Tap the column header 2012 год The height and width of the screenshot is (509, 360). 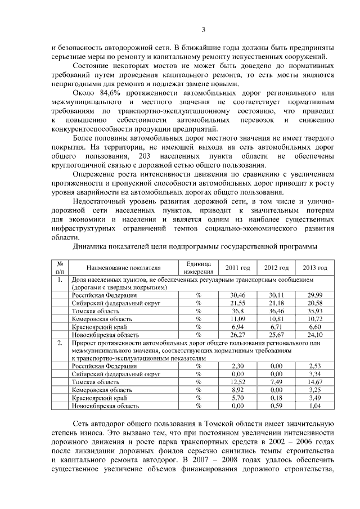pyautogui.click(x=276, y=267)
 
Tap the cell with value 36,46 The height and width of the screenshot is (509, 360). pyautogui.click(x=276, y=310)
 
